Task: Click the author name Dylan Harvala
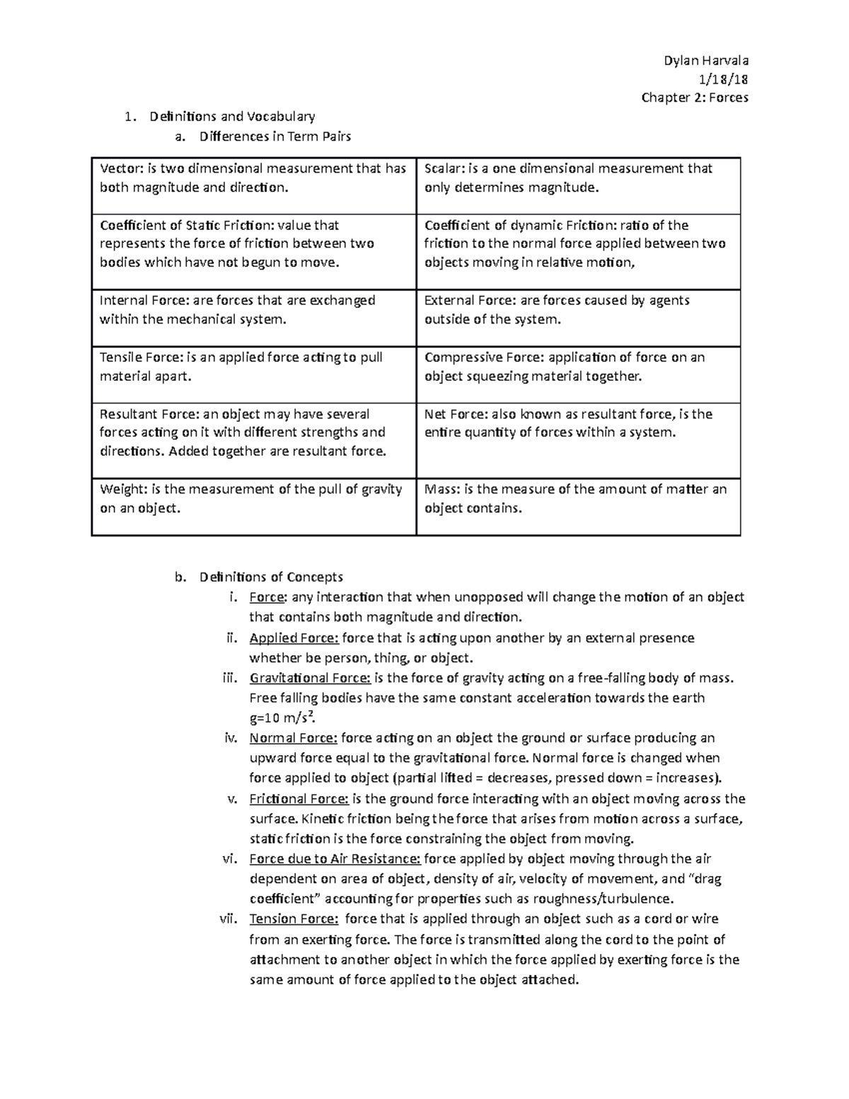(x=705, y=60)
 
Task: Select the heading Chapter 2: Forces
(x=694, y=98)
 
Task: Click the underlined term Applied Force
(x=294, y=638)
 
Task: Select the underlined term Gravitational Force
(x=310, y=678)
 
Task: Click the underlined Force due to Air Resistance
(x=335, y=859)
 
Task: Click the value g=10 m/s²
(x=280, y=718)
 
